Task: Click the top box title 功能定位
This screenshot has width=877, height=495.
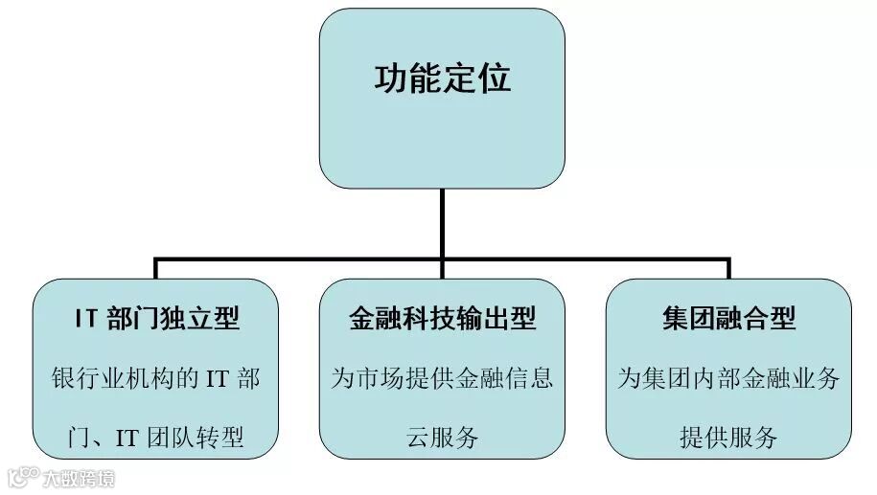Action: (442, 78)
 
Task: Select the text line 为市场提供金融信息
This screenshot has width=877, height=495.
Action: (442, 378)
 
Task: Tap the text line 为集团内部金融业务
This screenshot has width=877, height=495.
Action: (728, 378)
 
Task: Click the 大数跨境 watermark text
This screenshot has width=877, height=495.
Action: (81, 476)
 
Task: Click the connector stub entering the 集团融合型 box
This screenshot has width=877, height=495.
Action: (728, 269)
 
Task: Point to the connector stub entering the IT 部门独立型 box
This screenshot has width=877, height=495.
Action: (155, 269)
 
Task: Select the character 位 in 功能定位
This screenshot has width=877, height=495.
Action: (494, 78)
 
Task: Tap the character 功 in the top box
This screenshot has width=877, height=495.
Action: (390, 78)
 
